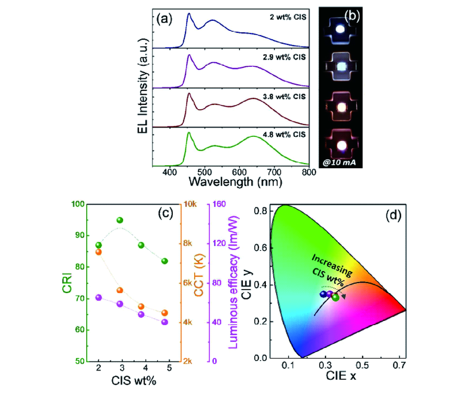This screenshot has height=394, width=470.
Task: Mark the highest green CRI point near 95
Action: tap(120, 220)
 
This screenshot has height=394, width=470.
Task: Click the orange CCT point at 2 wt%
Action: tap(99, 252)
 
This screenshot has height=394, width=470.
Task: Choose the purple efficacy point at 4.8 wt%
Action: tap(164, 322)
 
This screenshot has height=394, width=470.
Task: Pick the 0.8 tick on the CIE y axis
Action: tap(262, 211)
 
